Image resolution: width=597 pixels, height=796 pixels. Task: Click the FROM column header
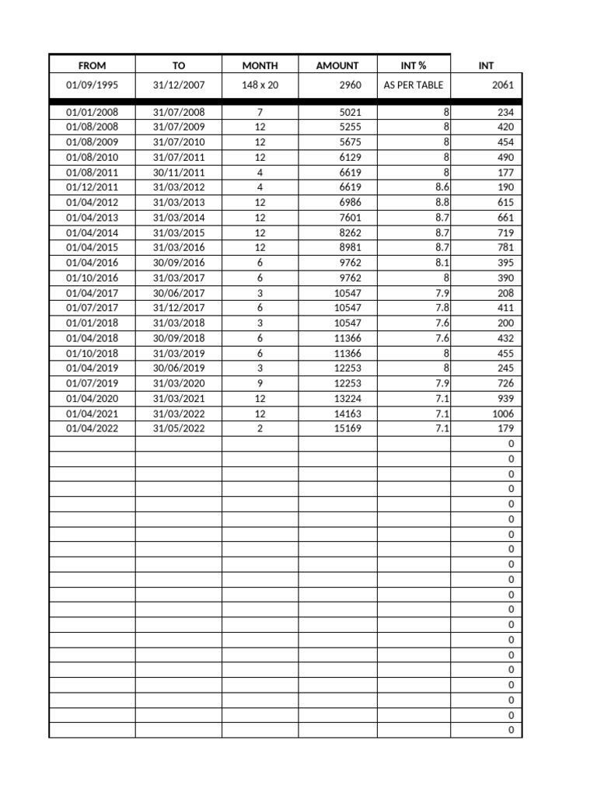(92, 66)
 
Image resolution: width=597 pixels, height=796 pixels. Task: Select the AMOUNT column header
(337, 66)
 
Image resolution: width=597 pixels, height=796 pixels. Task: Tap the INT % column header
(414, 66)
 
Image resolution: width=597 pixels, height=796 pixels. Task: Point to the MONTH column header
(260, 66)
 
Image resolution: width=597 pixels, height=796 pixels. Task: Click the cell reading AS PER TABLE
(414, 85)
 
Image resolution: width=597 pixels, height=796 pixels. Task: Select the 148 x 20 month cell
(260, 85)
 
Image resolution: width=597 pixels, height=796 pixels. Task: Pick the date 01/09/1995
(92, 85)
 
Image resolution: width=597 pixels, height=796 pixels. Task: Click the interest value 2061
(503, 85)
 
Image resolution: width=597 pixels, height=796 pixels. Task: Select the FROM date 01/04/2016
(92, 263)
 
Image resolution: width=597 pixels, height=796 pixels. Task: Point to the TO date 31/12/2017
(179, 308)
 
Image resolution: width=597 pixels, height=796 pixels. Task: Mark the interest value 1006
(503, 414)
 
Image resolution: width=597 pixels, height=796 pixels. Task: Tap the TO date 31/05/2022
(179, 428)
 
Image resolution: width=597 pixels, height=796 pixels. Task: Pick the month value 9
(260, 383)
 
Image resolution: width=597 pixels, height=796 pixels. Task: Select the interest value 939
(505, 399)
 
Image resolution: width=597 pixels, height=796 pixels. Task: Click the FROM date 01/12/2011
(92, 187)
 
